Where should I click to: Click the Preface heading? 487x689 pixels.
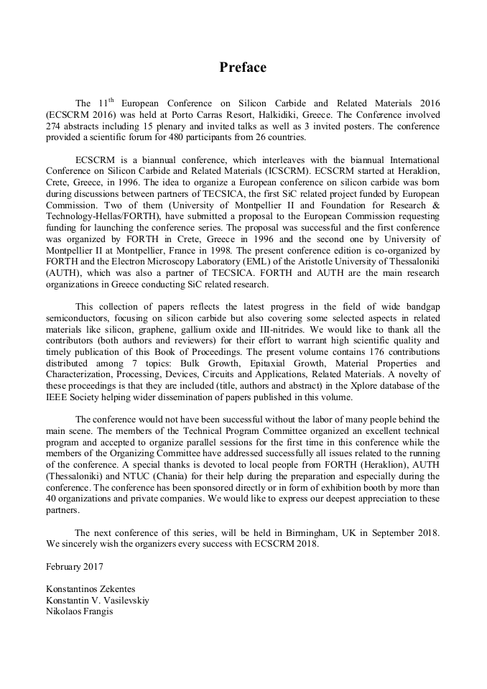point(243,68)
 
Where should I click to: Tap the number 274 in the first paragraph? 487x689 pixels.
point(55,126)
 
